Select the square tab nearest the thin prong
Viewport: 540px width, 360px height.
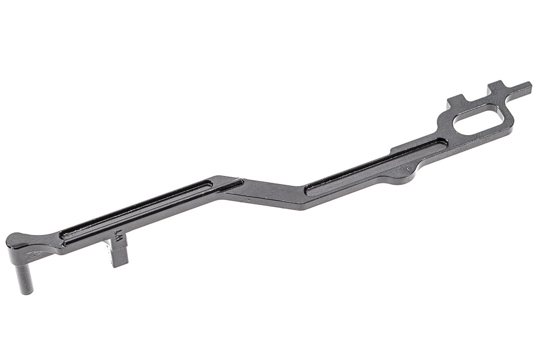(x=497, y=88)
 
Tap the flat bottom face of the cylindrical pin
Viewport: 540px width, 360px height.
(x=27, y=292)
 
